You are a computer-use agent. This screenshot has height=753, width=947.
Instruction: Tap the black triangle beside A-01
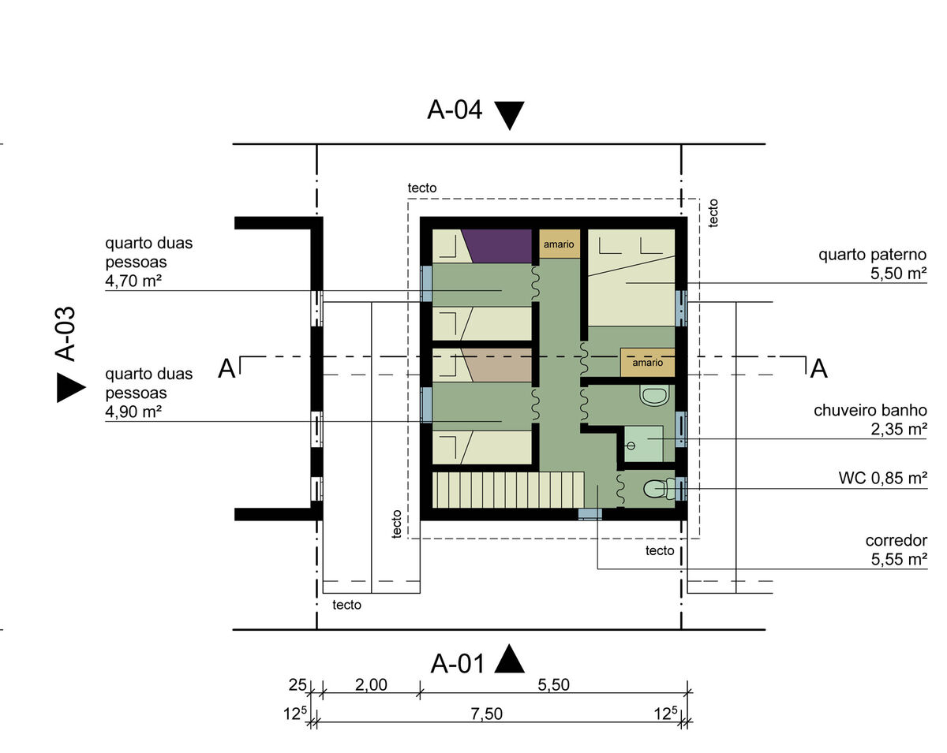[509, 660]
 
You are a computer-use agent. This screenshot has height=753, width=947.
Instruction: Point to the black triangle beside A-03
[71, 387]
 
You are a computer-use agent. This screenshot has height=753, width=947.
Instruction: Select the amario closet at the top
[559, 244]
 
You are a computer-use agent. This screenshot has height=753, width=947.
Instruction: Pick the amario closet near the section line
[647, 363]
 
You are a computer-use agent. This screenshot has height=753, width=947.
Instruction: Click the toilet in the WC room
[659, 489]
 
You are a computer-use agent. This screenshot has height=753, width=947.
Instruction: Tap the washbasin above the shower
[654, 395]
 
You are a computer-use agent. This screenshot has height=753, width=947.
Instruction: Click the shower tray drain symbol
[631, 446]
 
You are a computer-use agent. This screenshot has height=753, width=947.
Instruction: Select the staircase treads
[508, 490]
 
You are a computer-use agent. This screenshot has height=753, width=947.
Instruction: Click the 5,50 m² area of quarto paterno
[899, 273]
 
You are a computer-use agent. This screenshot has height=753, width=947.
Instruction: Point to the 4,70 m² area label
[133, 281]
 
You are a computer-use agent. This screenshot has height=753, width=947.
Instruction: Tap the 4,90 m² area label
[133, 412]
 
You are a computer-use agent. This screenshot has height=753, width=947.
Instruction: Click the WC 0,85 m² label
[883, 478]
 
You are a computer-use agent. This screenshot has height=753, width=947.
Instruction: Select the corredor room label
[896, 540]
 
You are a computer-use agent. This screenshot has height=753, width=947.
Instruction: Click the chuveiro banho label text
[870, 410]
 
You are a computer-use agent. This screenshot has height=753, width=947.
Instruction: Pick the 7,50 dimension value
[487, 714]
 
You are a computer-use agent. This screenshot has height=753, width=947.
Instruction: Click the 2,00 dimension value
[371, 684]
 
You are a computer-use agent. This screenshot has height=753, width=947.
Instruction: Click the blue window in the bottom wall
[590, 514]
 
